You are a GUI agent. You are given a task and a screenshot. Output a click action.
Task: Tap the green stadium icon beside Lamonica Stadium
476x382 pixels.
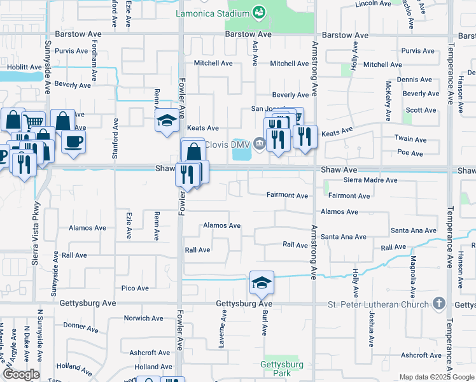click(258, 11)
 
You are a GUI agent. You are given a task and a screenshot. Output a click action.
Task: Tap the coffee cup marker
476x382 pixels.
click(73, 142)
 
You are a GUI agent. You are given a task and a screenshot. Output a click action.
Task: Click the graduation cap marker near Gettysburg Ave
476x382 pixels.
click(261, 281)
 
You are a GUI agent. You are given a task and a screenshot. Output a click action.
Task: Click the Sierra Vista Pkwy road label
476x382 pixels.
click(36, 232)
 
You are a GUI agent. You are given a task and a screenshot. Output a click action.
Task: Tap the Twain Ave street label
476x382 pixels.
click(410, 139)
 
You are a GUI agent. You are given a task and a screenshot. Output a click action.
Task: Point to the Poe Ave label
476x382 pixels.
click(410, 153)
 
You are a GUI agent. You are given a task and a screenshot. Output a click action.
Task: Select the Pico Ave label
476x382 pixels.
click(135, 288)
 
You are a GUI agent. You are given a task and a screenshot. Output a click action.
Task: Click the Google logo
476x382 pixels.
click(21, 374)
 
